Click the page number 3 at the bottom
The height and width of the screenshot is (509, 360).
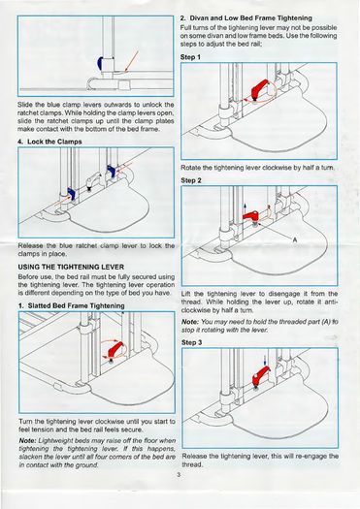(179, 475)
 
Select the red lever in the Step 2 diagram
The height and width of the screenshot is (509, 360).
(251, 215)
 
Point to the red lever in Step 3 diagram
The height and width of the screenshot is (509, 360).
(261, 377)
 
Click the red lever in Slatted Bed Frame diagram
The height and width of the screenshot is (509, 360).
(115, 350)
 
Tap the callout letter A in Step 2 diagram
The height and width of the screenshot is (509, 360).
(294, 239)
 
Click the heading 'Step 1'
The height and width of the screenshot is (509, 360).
(191, 57)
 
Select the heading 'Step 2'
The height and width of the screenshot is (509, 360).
(191, 180)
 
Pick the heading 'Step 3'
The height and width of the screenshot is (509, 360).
(192, 342)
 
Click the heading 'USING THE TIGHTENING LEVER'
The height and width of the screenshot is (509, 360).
(71, 267)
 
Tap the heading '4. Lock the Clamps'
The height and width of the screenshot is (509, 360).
(49, 142)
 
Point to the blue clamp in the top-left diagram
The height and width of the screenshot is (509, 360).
(100, 62)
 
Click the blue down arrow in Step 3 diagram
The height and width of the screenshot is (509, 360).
(265, 360)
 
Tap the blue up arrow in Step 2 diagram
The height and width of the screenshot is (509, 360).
(245, 208)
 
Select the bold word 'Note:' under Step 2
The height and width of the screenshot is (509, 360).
(190, 322)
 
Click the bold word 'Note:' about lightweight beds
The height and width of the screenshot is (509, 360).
(27, 440)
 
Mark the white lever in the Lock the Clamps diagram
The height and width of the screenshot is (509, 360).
(91, 180)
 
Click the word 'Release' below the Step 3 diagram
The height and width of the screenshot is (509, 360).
(194, 456)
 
